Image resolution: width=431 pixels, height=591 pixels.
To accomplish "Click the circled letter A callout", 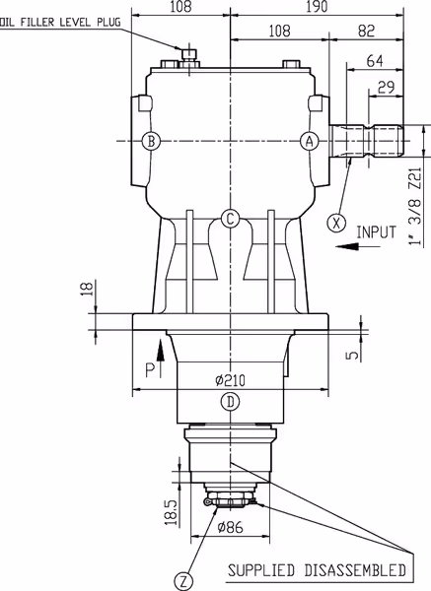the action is tap(310, 142).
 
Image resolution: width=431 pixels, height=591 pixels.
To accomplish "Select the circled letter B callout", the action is tap(151, 142).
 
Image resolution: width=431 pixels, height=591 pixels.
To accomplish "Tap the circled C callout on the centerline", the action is tap(230, 219).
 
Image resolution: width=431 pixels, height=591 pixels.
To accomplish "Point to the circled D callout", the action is tap(230, 402).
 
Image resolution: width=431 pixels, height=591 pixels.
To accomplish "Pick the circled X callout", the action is tap(336, 223).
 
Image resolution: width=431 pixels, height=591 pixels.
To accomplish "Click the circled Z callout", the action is tap(183, 581).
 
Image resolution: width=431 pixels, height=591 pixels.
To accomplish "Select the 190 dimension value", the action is tap(317, 7).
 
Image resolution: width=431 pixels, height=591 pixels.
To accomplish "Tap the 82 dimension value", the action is tap(366, 31).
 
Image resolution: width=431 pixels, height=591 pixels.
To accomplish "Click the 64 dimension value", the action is tap(375, 61).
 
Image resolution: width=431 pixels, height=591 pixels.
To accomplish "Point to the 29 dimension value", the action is tap(386, 88).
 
